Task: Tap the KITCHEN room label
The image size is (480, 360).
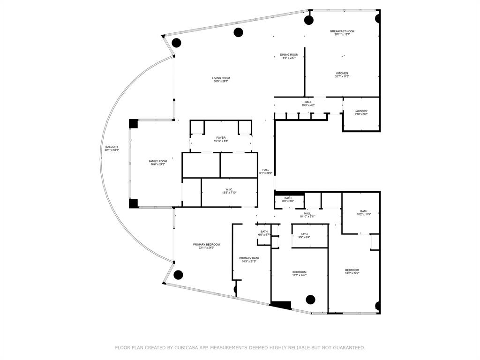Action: coord(342,73)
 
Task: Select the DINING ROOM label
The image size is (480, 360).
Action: coord(289,55)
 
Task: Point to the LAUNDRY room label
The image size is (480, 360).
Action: coord(361,111)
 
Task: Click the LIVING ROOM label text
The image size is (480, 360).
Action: coord(221,78)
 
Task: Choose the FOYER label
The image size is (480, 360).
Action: coord(221,138)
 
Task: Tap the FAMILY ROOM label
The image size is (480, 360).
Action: coord(158,161)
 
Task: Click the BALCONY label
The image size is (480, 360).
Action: coord(112,147)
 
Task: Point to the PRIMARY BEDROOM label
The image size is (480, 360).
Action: coord(206,245)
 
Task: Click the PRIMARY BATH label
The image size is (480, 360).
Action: coord(249,258)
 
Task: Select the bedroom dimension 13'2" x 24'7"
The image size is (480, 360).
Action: coord(352,273)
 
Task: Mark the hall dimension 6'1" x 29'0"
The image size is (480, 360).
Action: coord(266,173)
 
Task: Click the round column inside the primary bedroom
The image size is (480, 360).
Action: coord(178,275)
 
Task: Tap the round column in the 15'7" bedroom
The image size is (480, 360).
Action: coord(310,299)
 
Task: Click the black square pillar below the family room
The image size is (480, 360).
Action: coord(133,203)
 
